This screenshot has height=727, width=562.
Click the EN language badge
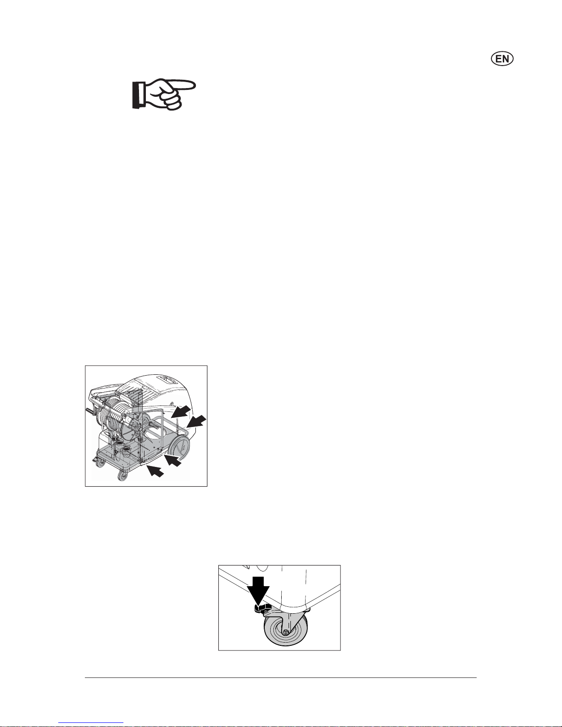pos(502,59)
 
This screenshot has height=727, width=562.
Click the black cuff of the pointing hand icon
pos(136,95)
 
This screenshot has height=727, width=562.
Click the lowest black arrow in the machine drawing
pos(156,471)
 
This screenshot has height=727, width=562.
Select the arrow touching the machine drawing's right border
pos(197,421)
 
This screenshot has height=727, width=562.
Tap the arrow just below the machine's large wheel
pos(173,461)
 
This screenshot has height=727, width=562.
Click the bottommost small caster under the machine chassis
pos(123,477)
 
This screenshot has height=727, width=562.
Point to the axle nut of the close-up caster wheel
pos(285,632)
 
